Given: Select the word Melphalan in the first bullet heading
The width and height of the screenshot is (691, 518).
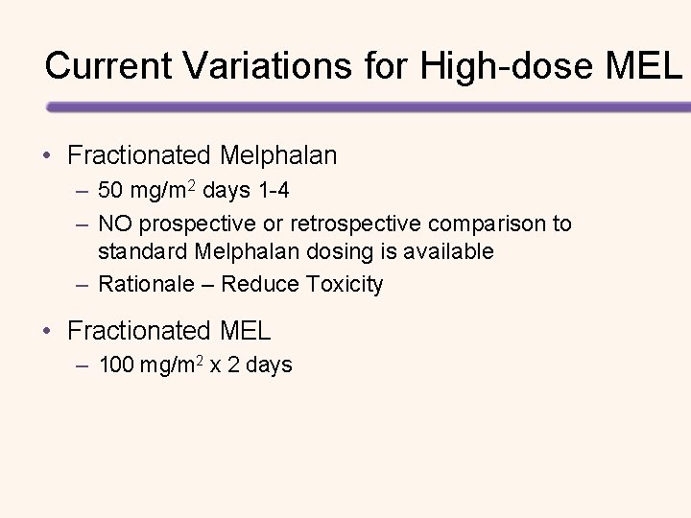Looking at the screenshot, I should coord(278,154).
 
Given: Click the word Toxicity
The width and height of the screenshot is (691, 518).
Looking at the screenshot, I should coord(344,285).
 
